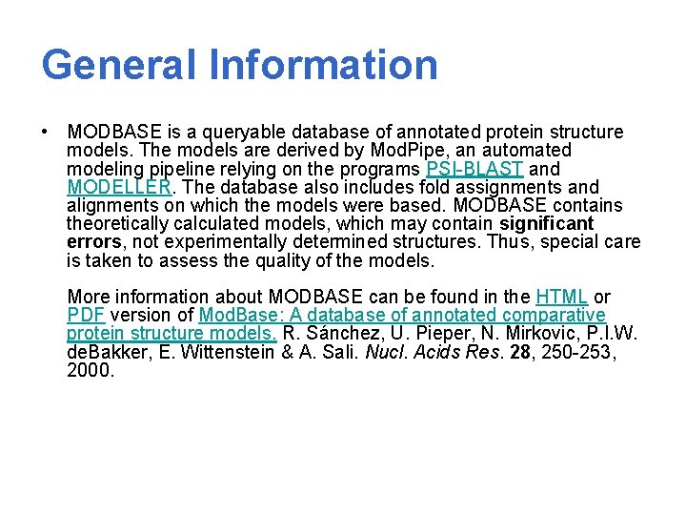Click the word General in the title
[120, 65]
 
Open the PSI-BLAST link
[474, 169]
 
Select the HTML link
[561, 297]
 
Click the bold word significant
[546, 224]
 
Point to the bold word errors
[93, 242]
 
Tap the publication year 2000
[90, 370]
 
